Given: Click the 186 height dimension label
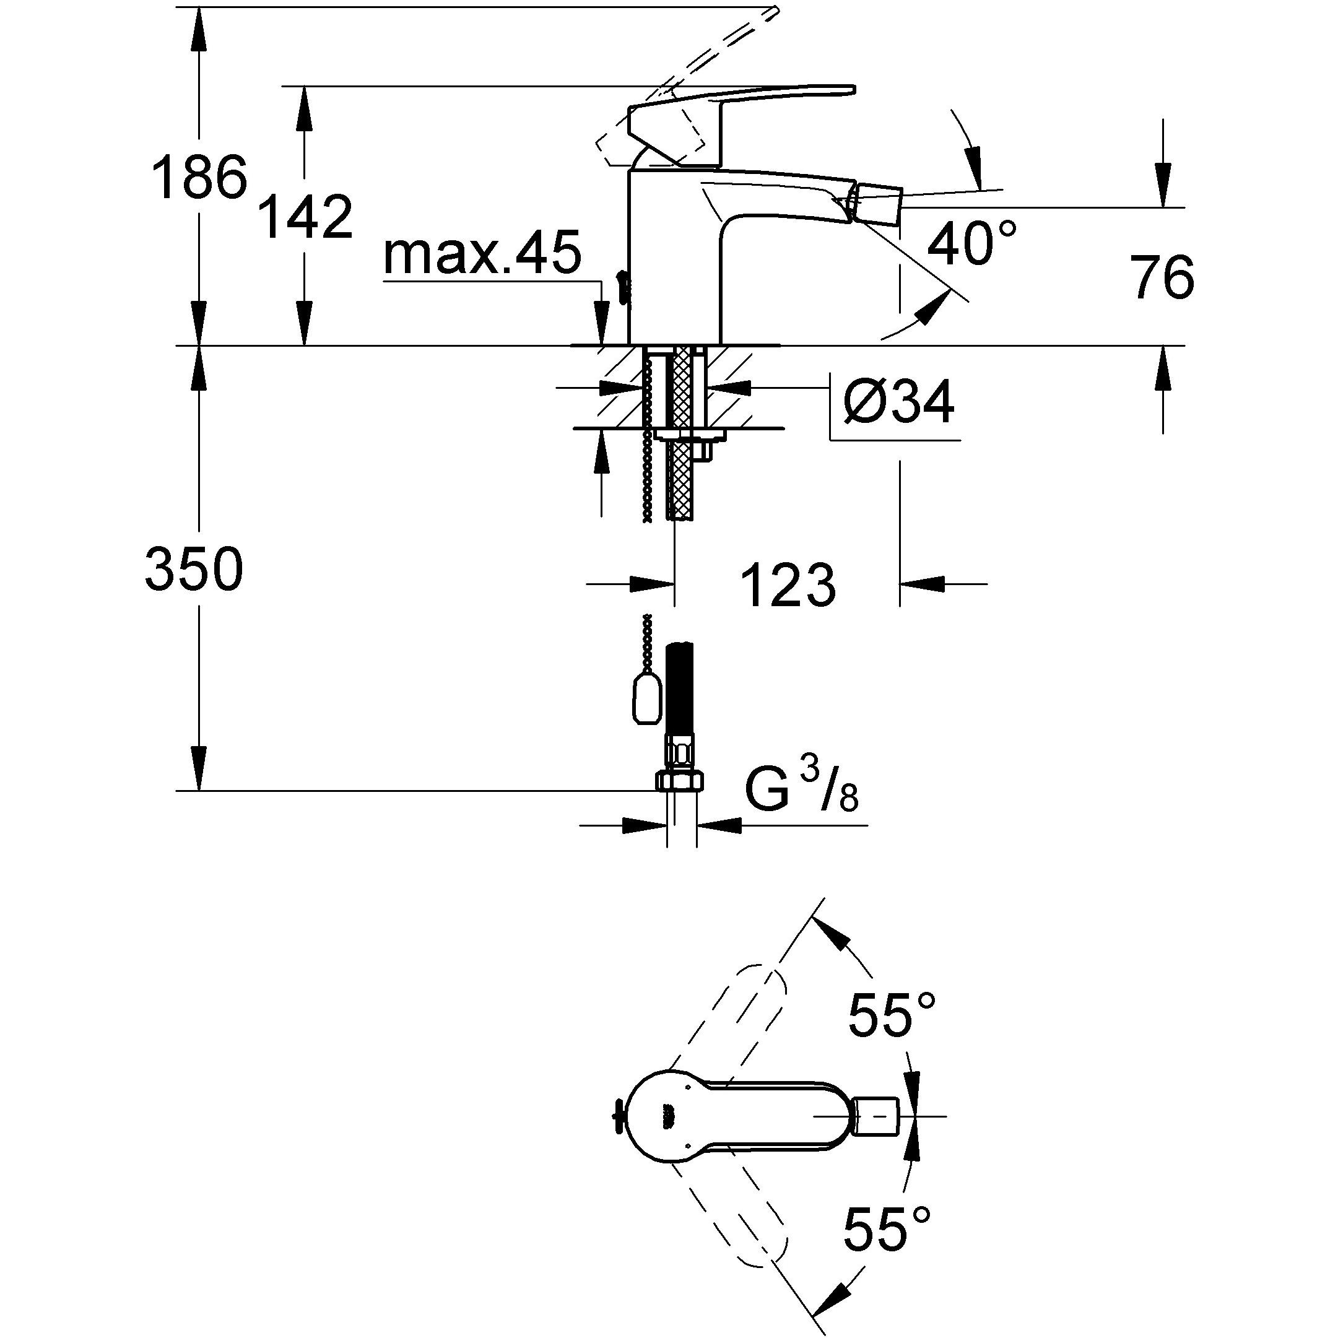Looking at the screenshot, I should click(x=199, y=178).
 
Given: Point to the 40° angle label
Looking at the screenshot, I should click(x=971, y=243).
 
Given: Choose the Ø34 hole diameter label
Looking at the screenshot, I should click(x=899, y=403).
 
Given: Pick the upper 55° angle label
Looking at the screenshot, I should click(x=893, y=1016).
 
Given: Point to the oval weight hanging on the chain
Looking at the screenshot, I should click(x=645, y=699).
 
